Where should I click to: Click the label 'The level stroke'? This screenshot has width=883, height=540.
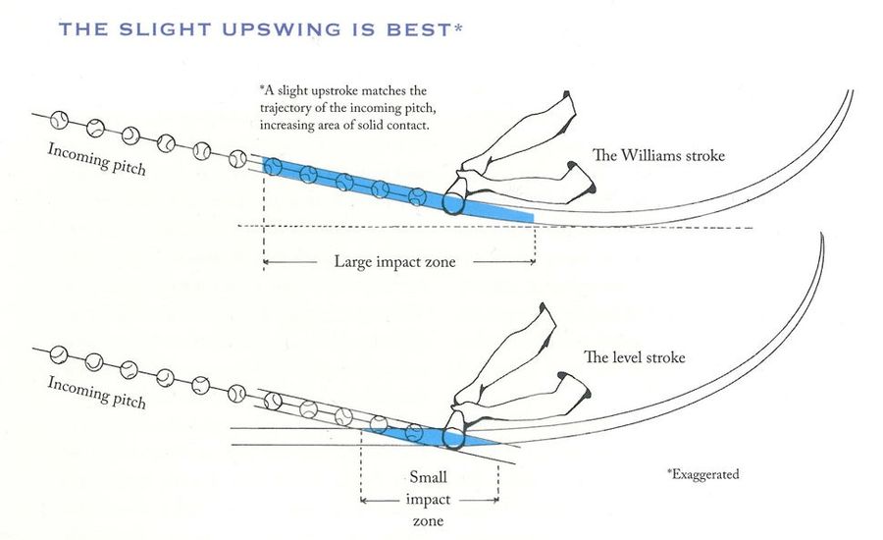635,357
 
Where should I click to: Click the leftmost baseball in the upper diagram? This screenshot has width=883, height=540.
60,120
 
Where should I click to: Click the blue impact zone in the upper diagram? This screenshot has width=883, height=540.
392,187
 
